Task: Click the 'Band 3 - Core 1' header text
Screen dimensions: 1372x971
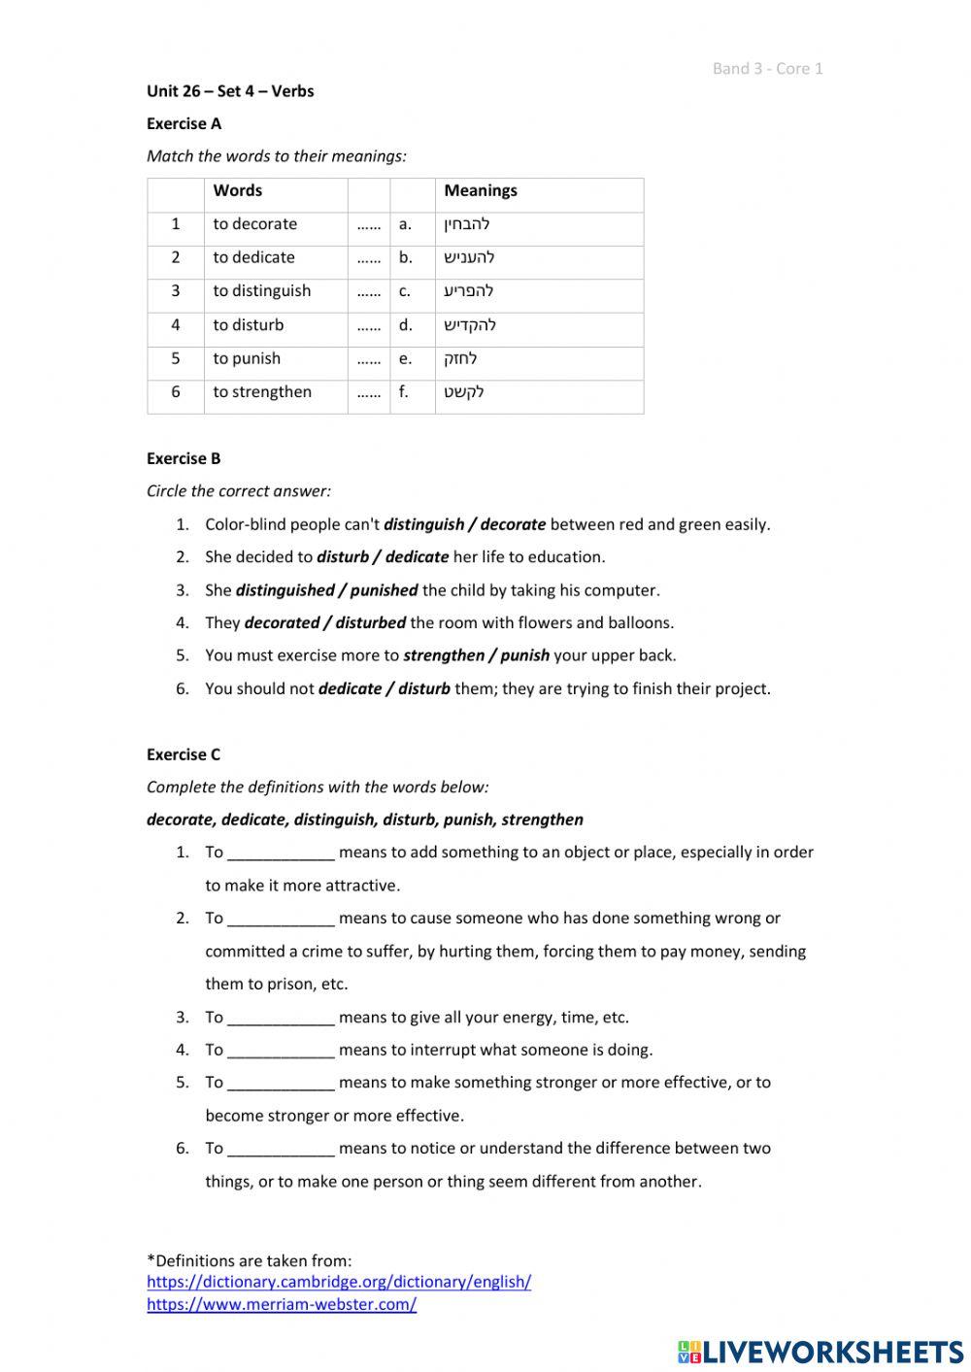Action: coord(767,68)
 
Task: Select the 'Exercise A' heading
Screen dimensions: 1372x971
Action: coord(184,123)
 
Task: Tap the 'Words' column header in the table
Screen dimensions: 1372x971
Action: coord(237,191)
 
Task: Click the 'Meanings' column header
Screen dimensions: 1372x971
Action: coord(480,191)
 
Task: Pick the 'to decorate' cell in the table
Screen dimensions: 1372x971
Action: coord(254,224)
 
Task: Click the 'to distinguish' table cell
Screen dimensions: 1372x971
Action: coord(261,291)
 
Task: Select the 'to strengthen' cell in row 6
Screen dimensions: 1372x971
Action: coord(262,392)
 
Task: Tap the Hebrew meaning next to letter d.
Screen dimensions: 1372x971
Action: coord(470,325)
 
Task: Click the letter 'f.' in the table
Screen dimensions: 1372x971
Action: coord(404,392)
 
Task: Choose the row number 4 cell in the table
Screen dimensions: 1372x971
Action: coord(176,325)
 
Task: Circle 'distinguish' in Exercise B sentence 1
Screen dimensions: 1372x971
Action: coord(423,524)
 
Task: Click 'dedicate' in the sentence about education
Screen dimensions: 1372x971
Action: coord(417,557)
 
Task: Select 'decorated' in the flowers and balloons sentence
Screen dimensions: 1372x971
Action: coord(282,623)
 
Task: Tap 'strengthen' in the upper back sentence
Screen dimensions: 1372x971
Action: coord(443,655)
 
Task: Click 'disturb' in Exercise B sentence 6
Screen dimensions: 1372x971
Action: coord(423,689)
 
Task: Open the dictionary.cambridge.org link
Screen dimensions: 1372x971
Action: coord(339,1282)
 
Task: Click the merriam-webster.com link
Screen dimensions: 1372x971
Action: coord(282,1305)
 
